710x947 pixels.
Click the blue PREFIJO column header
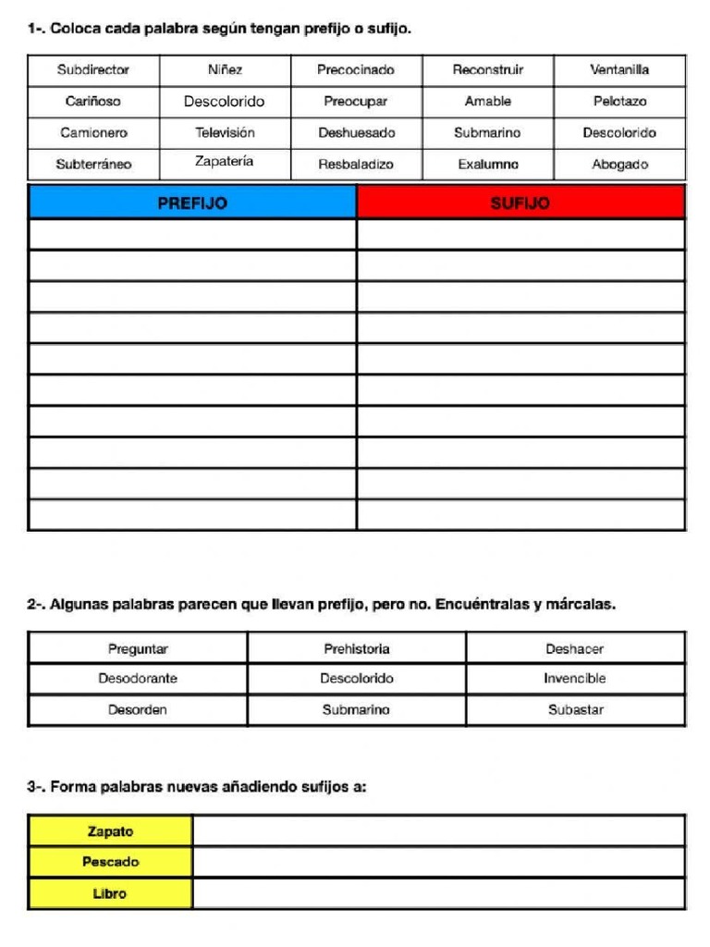tap(192, 203)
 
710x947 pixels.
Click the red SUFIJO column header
tap(520, 203)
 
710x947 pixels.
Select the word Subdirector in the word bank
tap(93, 70)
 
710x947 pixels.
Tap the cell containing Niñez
tap(225, 70)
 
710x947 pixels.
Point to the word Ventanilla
tap(619, 70)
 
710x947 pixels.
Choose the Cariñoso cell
tap(93, 102)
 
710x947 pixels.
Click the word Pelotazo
tap(619, 102)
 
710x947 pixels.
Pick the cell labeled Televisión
tap(225, 133)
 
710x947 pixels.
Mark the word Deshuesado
tap(356, 133)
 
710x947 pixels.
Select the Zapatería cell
tap(225, 162)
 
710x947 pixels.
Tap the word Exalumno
tap(488, 165)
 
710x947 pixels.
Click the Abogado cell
tap(619, 165)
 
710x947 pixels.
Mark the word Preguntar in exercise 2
tap(138, 649)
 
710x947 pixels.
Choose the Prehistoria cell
tap(356, 649)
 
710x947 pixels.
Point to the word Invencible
tap(574, 679)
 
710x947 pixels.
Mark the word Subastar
tap(574, 710)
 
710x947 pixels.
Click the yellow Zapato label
tap(110, 831)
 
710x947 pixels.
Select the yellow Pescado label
tap(110, 862)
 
